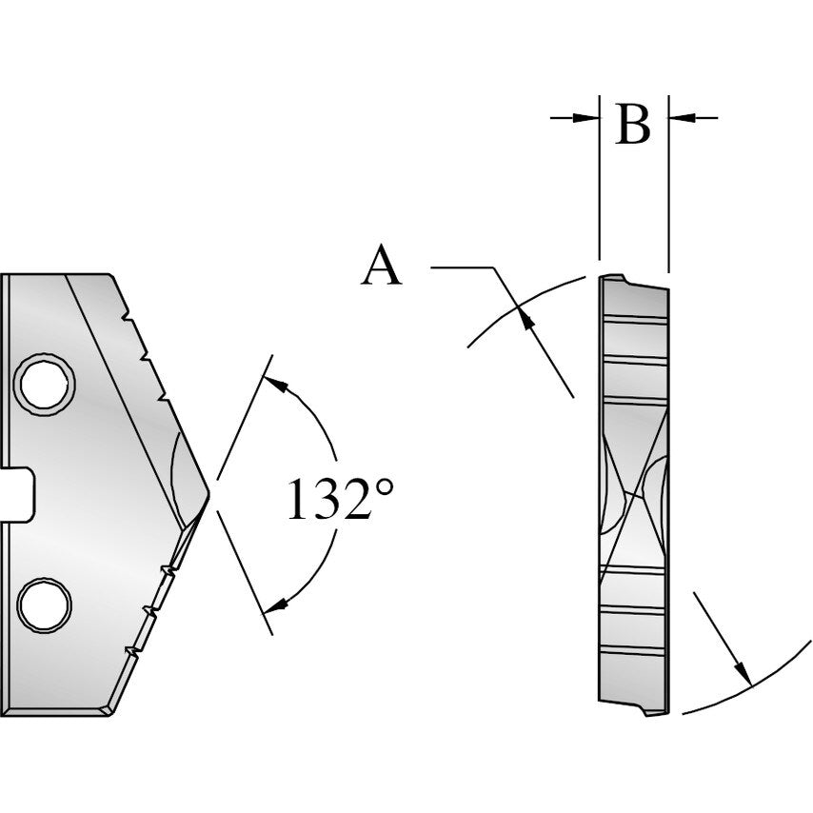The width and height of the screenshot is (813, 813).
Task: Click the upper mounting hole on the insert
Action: coord(45,385)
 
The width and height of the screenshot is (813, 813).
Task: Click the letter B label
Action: coord(633,124)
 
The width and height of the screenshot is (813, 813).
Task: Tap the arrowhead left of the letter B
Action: coord(586,117)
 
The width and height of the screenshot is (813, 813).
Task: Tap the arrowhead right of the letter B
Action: coord(680,117)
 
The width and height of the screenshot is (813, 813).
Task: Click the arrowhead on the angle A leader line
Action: coord(523,318)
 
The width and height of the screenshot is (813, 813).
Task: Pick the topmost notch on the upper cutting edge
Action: coord(125,312)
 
